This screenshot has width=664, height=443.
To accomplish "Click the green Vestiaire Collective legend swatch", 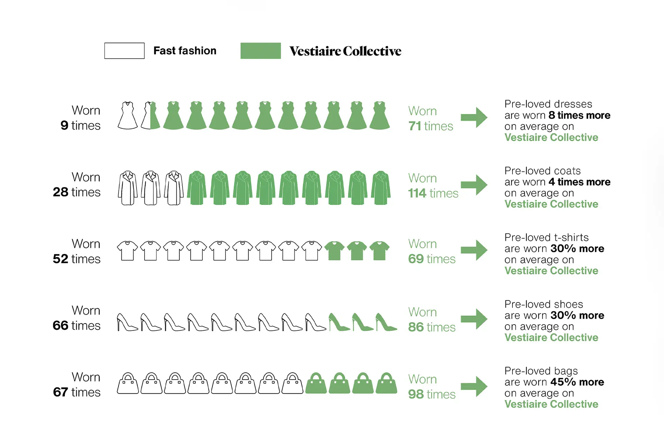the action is tap(260, 51).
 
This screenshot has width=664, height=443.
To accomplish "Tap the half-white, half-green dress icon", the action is tap(150, 115).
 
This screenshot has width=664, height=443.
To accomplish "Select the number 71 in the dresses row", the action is tap(415, 126).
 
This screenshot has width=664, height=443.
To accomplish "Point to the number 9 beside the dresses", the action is tap(64, 125).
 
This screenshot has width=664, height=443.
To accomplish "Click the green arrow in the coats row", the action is tap(474, 185).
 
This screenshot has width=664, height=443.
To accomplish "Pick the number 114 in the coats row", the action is tap(417, 193).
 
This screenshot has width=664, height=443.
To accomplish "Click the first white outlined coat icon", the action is tap(128, 188).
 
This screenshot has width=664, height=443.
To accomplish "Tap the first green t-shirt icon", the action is tap(334, 251).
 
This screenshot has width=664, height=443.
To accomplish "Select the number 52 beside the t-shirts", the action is tap(61, 259).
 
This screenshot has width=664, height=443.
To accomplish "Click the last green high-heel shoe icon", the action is tap(386, 322).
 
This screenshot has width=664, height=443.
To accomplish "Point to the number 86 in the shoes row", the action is tap(416, 327).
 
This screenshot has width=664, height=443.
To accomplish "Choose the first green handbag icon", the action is tap(316, 383).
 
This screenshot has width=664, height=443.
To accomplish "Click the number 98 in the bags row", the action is tap(416, 394).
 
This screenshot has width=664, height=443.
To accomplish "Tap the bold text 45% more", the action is tap(577, 382).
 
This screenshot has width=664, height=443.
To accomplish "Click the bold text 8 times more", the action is tap(580, 115).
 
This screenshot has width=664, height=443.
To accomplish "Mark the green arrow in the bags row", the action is tap(474, 386).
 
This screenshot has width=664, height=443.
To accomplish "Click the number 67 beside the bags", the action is tap(61, 392).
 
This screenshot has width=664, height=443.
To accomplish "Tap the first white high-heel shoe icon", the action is tap(127, 322).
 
